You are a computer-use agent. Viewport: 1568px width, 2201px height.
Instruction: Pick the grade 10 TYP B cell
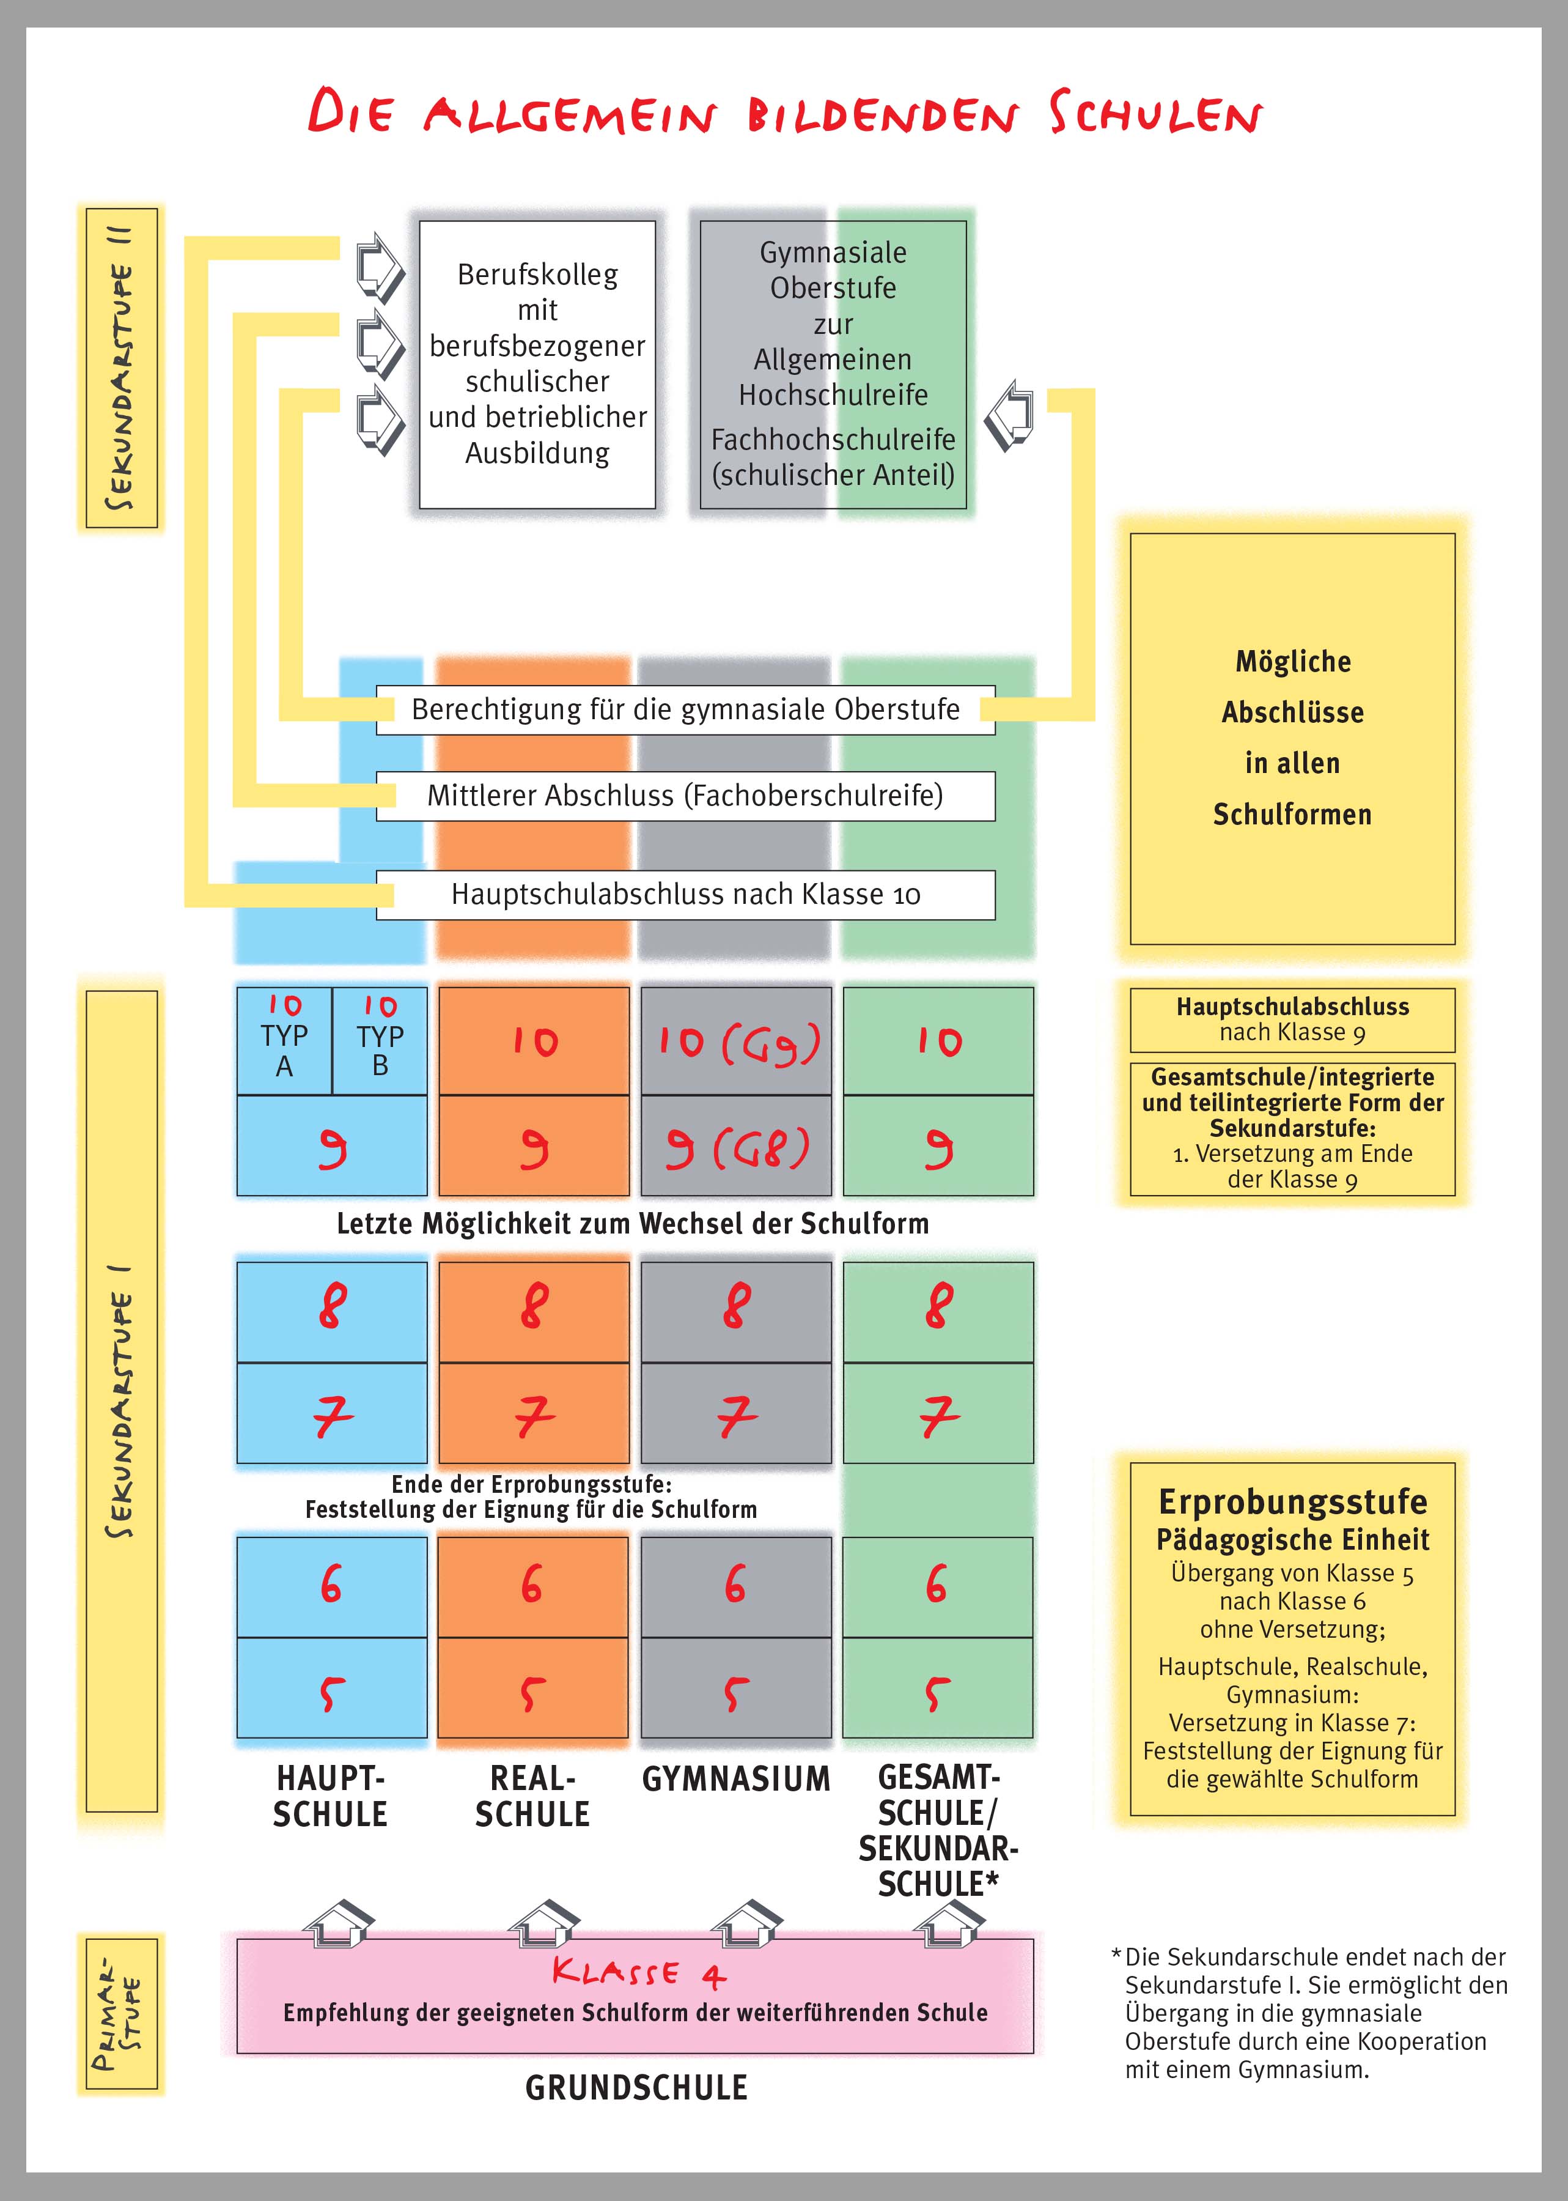380,1040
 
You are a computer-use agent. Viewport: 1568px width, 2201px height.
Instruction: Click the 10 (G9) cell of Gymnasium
736,1041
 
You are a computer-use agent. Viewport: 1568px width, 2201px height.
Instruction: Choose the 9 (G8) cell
736,1147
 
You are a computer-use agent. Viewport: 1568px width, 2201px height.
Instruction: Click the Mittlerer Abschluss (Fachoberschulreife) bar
685,796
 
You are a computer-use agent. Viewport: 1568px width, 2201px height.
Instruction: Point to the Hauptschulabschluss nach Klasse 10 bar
685,894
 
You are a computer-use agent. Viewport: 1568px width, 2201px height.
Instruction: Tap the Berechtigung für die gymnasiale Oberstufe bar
685,710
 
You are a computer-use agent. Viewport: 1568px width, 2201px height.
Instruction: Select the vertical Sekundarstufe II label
122,368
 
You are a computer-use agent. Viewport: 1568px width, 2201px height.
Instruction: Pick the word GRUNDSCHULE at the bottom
636,2087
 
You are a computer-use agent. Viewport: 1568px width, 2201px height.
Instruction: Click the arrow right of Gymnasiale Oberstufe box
1010,415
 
